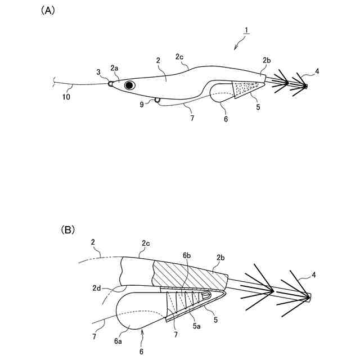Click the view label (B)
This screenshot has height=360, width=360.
[67, 229]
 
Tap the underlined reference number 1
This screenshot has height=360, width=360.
[246, 29]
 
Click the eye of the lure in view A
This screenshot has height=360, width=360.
[130, 85]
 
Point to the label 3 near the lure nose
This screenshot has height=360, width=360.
[98, 72]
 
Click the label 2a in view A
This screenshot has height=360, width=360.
[114, 68]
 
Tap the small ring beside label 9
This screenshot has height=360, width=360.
[157, 101]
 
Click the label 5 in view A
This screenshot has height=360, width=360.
[257, 106]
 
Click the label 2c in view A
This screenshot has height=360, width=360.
[179, 57]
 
